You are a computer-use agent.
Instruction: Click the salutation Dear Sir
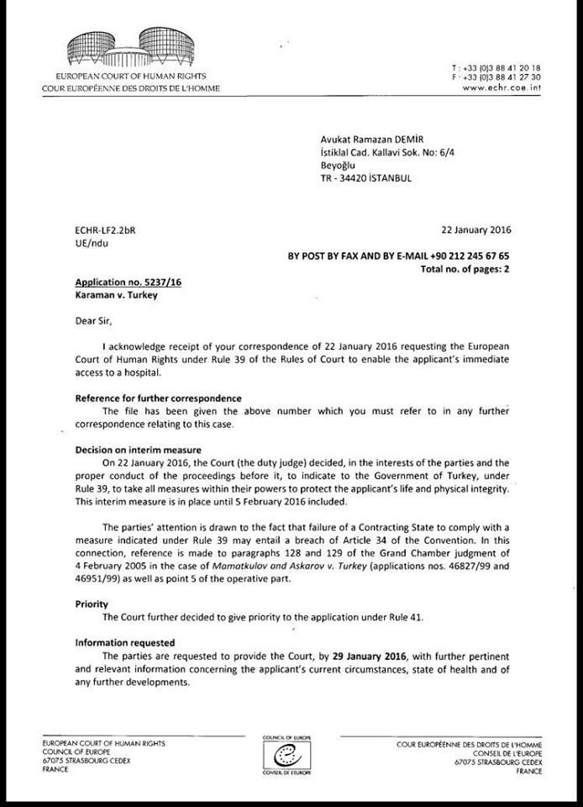click(92, 320)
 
